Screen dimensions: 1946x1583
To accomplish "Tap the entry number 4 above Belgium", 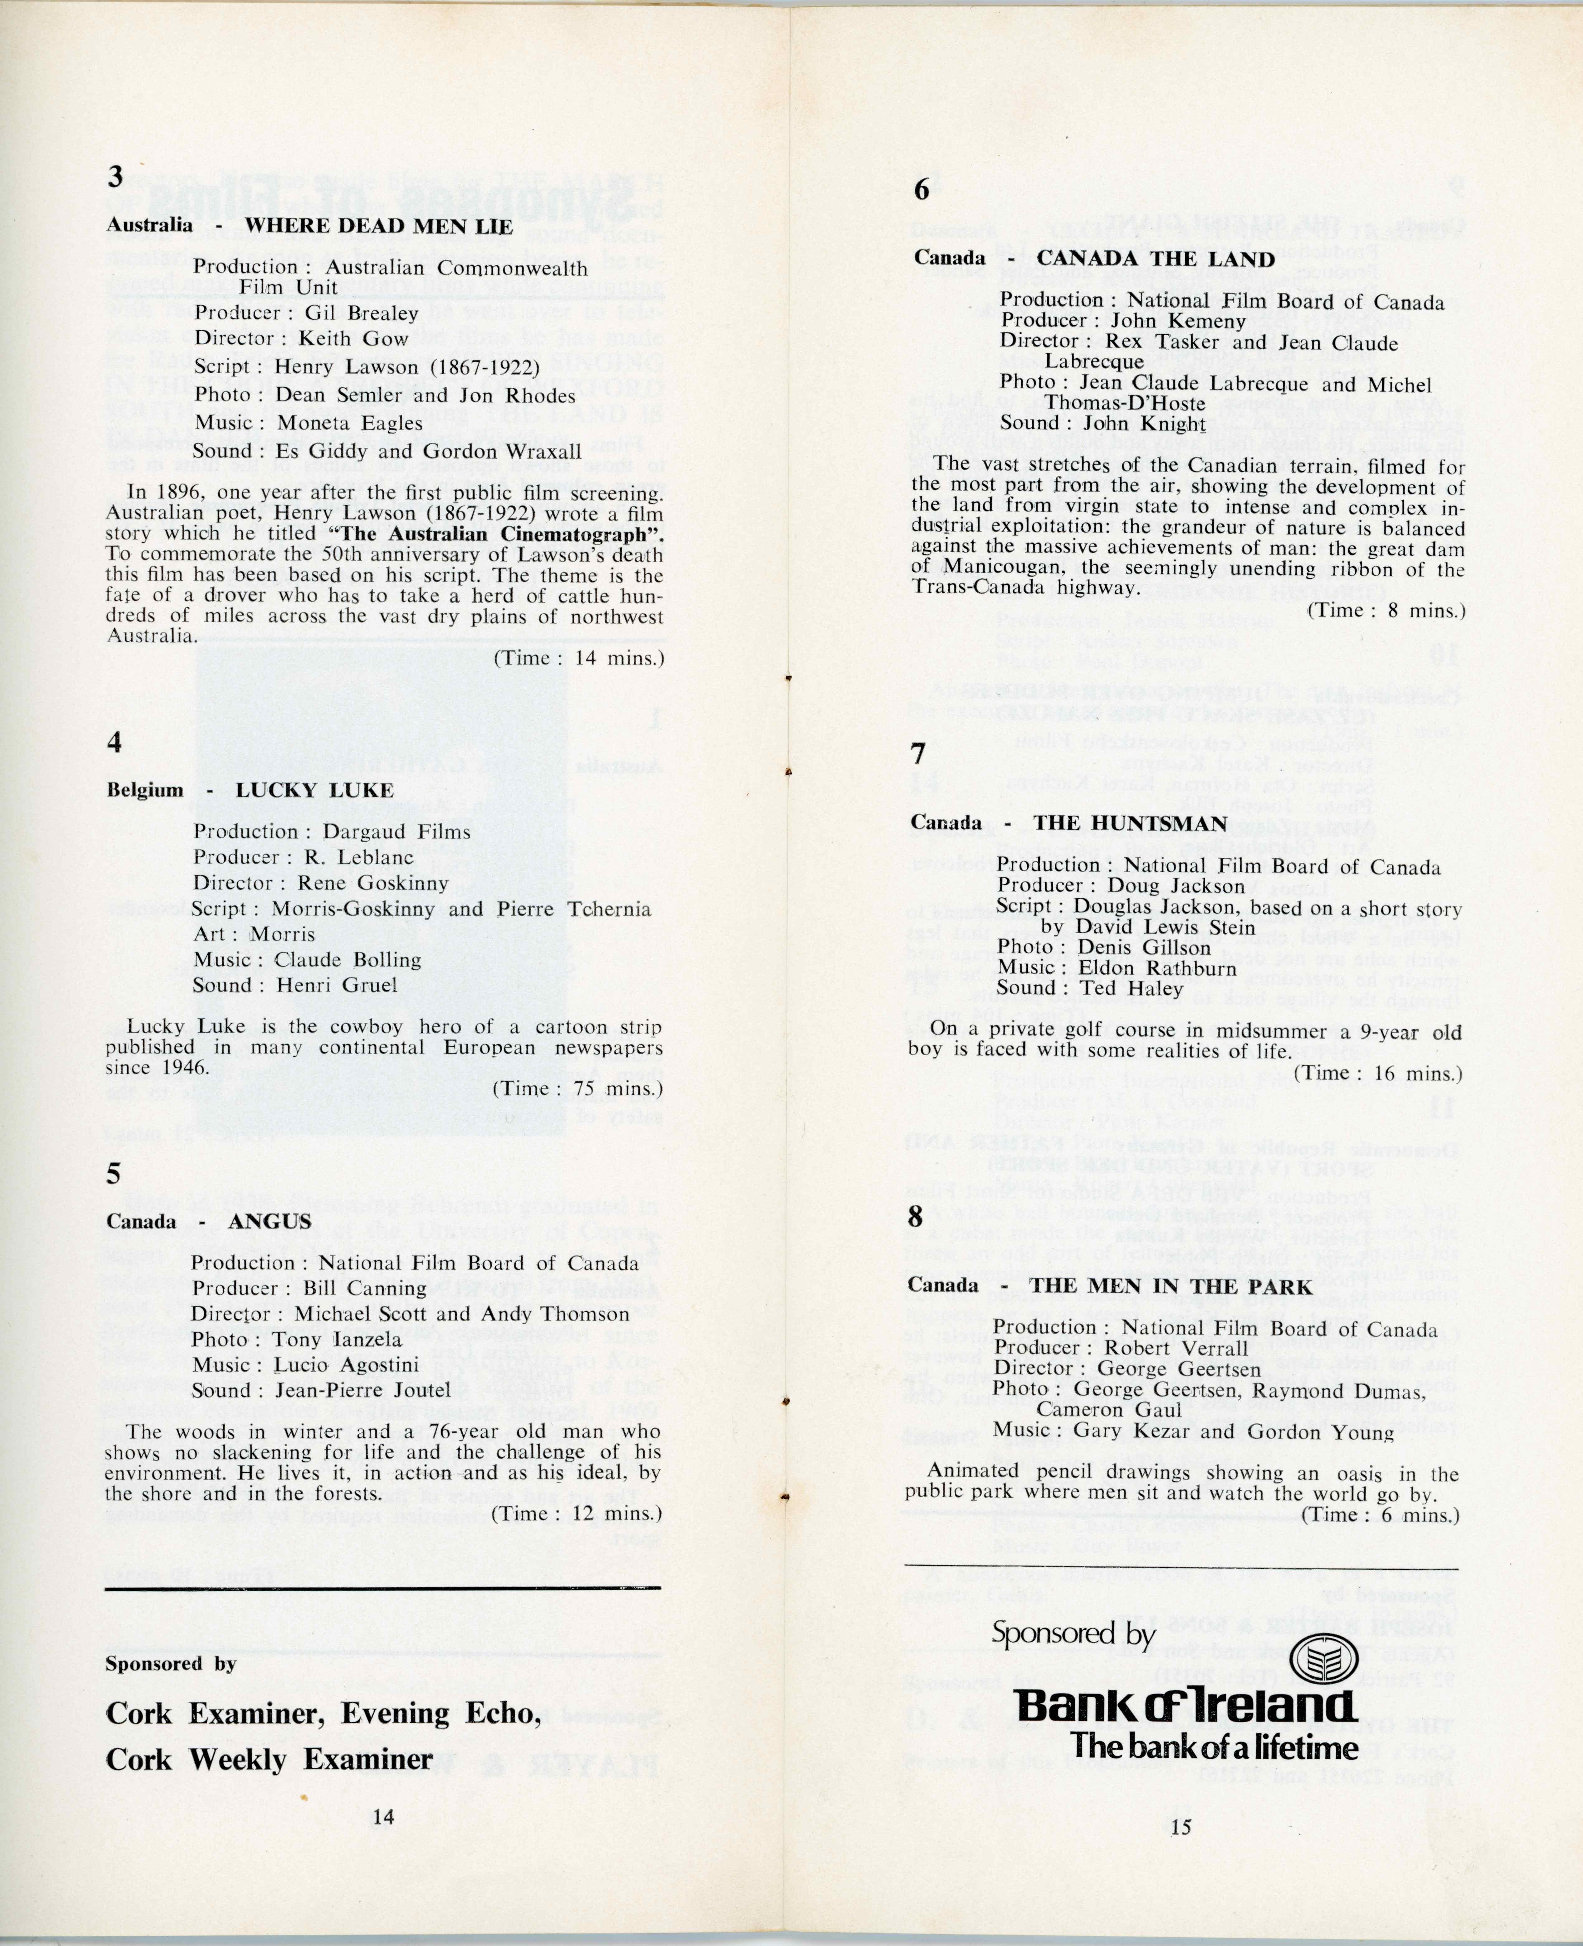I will [114, 742].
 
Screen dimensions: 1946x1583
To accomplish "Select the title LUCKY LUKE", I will [315, 790].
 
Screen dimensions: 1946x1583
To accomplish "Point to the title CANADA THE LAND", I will [1156, 259].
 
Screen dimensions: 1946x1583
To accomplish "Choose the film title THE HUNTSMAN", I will [1131, 823].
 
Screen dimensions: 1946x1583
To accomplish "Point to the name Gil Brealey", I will [362, 313].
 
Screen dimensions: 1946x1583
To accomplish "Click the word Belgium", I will [145, 790].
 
